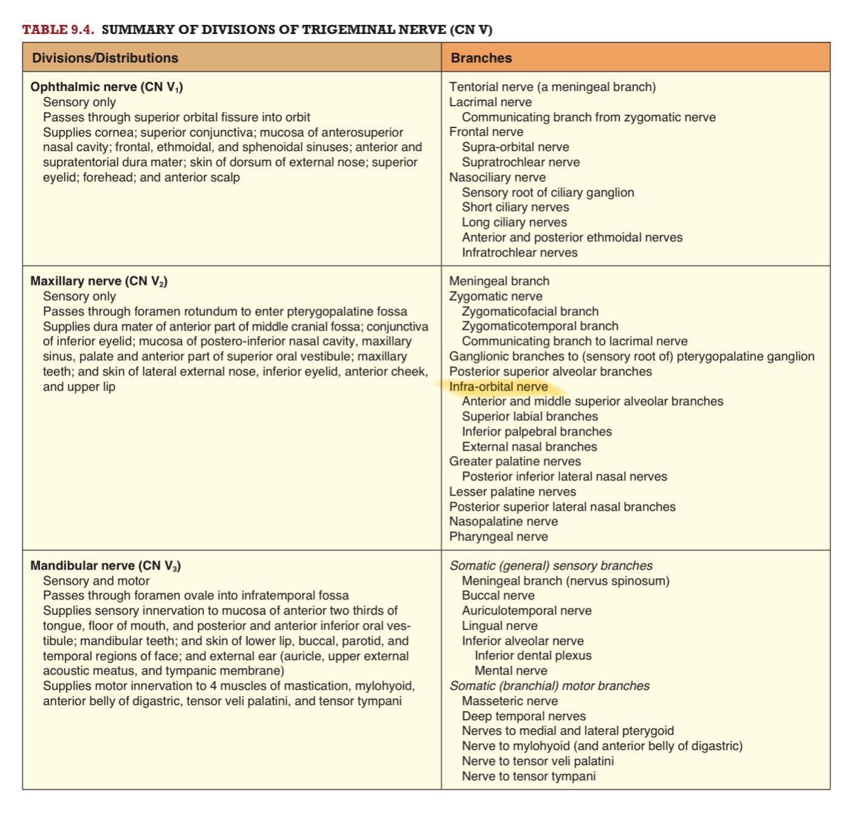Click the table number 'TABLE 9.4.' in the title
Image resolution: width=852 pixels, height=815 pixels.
(x=58, y=30)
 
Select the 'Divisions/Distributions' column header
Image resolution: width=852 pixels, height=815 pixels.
(x=105, y=58)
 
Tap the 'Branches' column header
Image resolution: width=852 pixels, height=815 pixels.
(x=481, y=58)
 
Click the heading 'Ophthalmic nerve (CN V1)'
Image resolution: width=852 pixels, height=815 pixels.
(x=106, y=87)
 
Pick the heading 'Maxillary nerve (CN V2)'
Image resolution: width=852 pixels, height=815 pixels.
(x=99, y=282)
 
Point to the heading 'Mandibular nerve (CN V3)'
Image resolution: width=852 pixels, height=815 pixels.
(x=106, y=566)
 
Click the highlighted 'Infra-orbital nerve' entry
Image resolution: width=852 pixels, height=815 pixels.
(x=498, y=387)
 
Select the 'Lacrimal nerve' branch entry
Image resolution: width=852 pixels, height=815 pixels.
(x=490, y=103)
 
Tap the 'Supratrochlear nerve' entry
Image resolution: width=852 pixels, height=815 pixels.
(x=520, y=163)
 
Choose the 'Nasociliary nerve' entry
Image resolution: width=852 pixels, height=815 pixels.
(x=497, y=178)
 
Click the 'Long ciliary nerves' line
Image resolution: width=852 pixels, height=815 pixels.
(x=514, y=223)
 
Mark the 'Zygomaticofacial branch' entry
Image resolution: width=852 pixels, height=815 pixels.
(x=530, y=312)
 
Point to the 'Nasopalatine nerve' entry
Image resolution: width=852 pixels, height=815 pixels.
(x=503, y=522)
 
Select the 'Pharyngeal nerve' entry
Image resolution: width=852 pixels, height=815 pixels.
(x=498, y=537)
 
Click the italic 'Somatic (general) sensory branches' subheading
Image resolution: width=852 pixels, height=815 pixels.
(x=551, y=566)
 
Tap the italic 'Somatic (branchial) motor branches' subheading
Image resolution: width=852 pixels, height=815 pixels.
(x=549, y=686)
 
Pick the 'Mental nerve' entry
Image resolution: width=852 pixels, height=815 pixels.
(x=510, y=671)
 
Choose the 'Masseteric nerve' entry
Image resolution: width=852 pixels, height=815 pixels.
(x=509, y=701)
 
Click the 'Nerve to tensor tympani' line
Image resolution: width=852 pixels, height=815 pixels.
(x=529, y=777)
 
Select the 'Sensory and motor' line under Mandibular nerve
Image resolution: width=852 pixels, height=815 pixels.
(x=96, y=581)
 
